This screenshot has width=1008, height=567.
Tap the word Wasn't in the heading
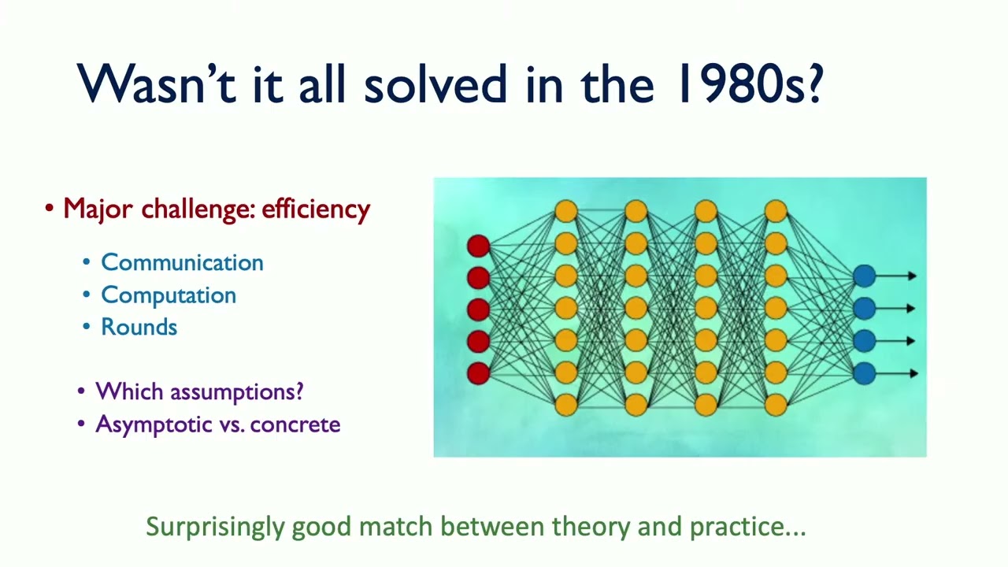click(156, 83)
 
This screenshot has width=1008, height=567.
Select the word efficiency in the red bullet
click(316, 209)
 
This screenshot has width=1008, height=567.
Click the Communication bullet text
click(182, 262)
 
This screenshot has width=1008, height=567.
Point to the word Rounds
click(139, 327)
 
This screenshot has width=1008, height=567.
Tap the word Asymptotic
click(153, 424)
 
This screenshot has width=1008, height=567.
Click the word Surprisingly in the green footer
click(216, 527)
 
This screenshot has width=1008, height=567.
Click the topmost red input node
click(478, 246)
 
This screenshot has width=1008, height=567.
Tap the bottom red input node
click(478, 373)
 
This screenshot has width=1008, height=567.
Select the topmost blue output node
click(865, 276)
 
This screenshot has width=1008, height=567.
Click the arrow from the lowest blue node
click(896, 373)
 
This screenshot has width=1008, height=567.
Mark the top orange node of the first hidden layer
click(566, 212)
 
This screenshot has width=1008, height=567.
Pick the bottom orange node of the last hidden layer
click(776, 405)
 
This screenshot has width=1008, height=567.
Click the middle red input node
click(478, 309)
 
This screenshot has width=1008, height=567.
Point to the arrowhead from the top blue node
click(913, 276)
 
